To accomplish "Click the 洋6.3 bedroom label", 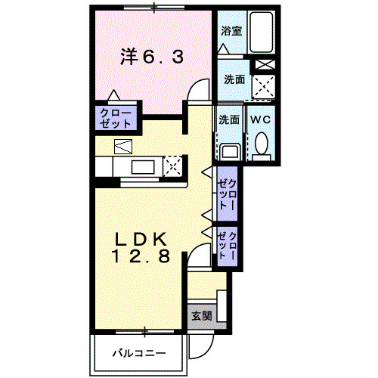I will tap(152, 57).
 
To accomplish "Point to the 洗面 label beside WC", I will tap(229, 119).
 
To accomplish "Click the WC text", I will tap(260, 119).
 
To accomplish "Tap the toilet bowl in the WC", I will tap(262, 144).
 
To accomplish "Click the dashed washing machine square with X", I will tap(264, 88).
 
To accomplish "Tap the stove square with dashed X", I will tap(173, 165).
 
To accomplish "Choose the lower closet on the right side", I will tap(228, 247).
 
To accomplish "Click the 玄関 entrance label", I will tap(201, 315).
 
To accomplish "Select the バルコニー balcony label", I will tap(137, 352).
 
